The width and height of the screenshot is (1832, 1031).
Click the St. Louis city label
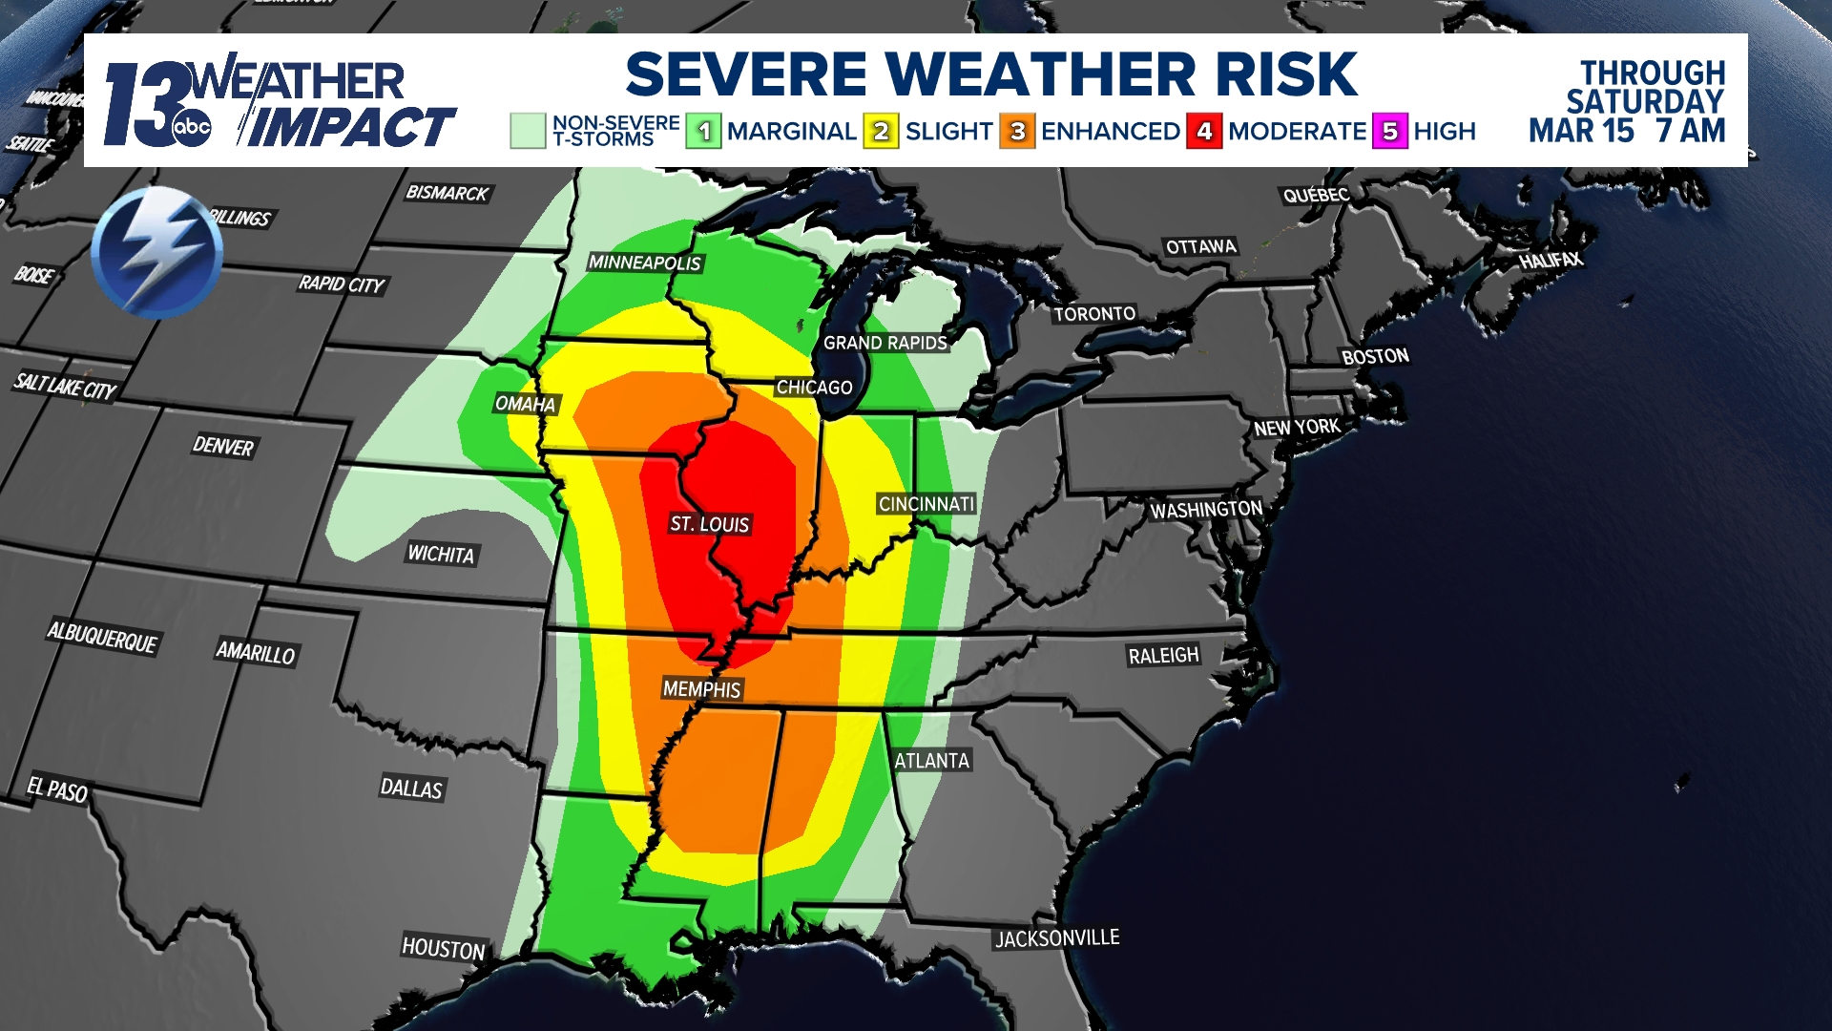(710, 524)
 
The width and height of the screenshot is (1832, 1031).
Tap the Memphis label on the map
(702, 689)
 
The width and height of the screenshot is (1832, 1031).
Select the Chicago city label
(814, 388)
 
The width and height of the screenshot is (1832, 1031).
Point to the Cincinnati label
(926, 504)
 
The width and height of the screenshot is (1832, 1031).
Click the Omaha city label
(525, 404)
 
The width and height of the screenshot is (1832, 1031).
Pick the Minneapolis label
(645, 263)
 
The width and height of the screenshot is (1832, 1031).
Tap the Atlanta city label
(931, 761)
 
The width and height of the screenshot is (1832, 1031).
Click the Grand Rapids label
(885, 343)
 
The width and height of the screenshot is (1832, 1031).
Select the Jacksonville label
(1057, 938)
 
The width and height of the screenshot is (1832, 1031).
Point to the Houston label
(444, 948)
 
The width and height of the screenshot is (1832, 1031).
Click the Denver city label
(223, 446)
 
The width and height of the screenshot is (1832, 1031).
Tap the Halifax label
(1551, 260)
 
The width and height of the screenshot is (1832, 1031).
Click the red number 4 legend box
(1204, 132)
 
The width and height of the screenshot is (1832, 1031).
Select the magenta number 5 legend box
(1390, 132)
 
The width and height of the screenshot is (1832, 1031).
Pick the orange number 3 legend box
(1017, 132)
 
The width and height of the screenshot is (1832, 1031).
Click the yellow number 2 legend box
(881, 132)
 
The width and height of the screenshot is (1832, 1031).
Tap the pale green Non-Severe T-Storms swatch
(528, 131)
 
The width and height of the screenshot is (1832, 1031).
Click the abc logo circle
(191, 128)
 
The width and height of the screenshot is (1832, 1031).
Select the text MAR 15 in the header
(1581, 131)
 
